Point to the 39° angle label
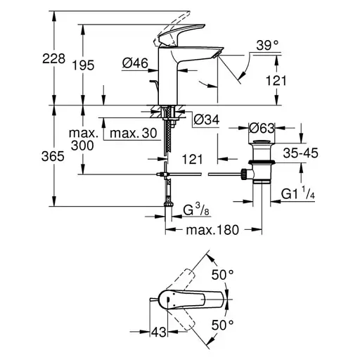[266, 46]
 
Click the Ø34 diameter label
[205, 120]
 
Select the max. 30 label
[134, 134]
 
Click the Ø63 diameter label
[262, 128]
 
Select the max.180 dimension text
[214, 230]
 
